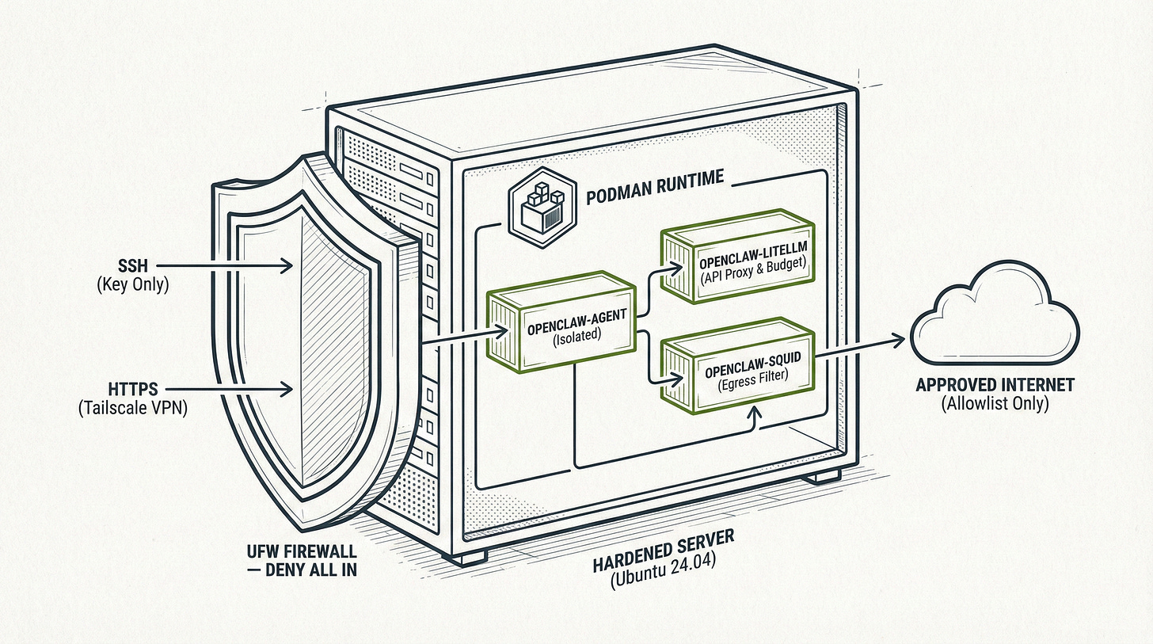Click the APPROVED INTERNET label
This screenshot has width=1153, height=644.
click(995, 386)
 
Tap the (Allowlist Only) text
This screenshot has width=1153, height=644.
click(995, 403)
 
